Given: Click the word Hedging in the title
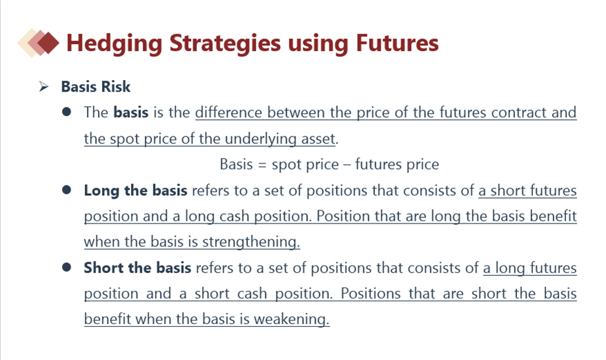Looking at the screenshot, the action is tap(114, 43).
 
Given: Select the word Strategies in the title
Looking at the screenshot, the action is tap(225, 43).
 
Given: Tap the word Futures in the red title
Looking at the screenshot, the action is tap(397, 43).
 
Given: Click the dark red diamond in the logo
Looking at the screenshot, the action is tap(48, 43).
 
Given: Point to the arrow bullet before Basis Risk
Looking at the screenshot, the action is tap(43, 87).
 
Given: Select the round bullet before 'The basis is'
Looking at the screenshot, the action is tap(66, 112).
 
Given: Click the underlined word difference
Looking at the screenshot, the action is tap(229, 112).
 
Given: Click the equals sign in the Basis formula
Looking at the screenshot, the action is tap(262, 165).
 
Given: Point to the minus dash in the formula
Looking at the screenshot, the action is tap(347, 165).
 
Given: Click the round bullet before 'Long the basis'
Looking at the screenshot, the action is tap(66, 190).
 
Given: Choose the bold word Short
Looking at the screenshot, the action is tap(103, 268).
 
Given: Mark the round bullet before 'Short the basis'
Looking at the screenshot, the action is tap(66, 267).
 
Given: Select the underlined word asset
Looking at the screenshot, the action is tap(319, 139).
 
